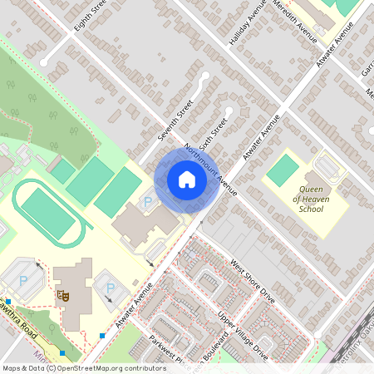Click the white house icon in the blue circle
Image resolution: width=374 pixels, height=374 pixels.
187,179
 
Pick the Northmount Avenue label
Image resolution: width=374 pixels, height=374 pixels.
211,170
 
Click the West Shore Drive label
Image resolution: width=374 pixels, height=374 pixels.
252,281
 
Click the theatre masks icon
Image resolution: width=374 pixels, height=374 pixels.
61,294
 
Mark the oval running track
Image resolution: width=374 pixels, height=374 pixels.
47,213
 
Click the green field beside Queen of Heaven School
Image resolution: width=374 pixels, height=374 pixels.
283,170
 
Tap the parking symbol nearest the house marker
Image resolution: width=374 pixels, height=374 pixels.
149,202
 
